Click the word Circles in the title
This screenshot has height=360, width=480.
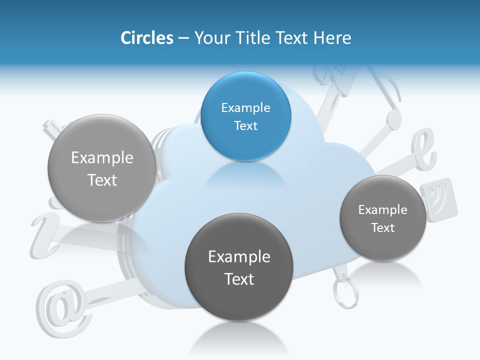(146, 38)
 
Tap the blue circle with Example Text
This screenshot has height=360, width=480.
(245, 116)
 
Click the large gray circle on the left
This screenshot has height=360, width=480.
(102, 168)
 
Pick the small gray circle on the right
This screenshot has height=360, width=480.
(382, 218)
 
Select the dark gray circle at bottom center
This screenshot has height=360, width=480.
(239, 267)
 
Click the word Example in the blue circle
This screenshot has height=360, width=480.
(245, 107)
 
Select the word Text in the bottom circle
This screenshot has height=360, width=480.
(239, 278)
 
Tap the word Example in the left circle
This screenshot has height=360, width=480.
(102, 157)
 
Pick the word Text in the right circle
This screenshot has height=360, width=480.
(382, 227)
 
